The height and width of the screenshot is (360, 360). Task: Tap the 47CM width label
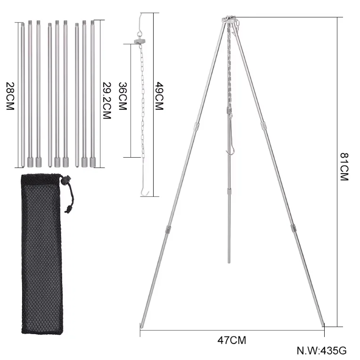232,340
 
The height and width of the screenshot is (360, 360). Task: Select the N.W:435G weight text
322,351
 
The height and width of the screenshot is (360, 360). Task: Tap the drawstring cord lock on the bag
66,180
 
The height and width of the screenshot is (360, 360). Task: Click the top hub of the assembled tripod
229,20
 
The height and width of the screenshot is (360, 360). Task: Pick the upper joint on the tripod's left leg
195,126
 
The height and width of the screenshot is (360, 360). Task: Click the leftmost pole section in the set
22,94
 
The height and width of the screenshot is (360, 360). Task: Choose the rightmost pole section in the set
92,94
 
